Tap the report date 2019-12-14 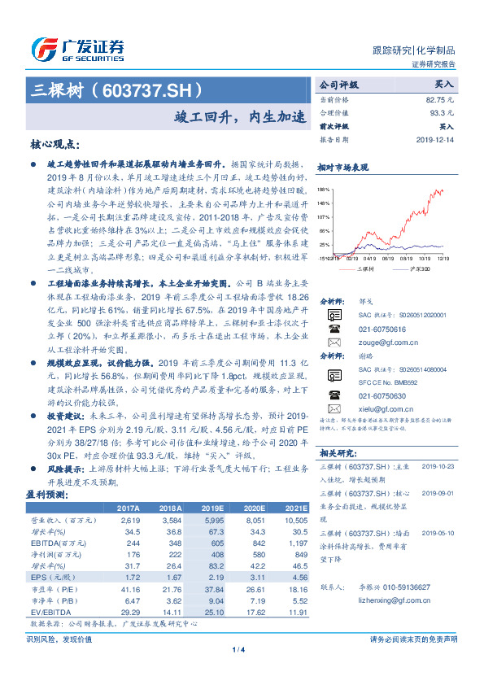click(x=436, y=140)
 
